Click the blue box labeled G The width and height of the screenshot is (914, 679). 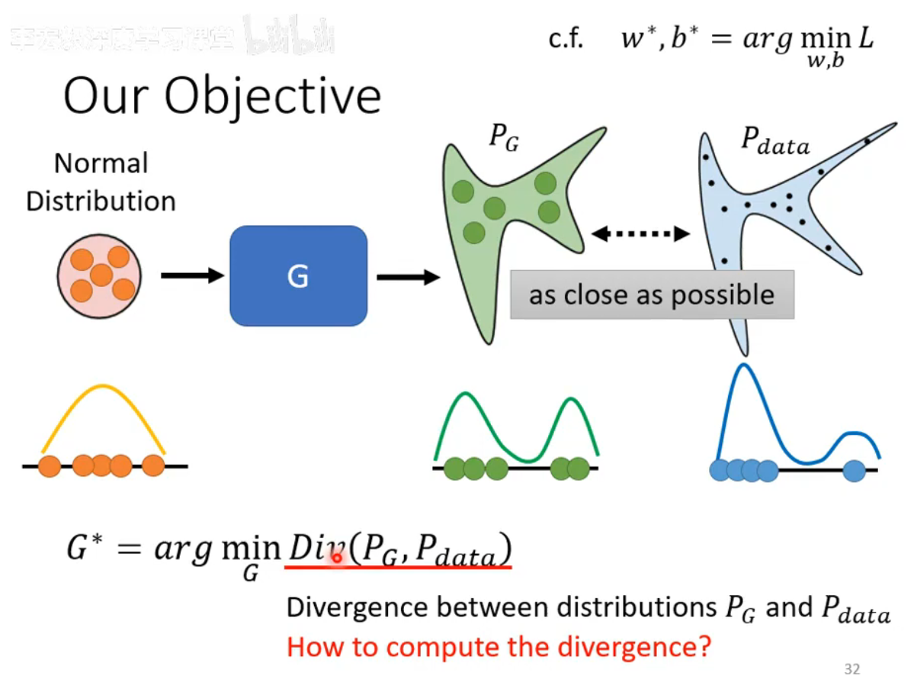coord(298,275)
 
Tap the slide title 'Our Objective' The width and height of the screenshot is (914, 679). coord(222,96)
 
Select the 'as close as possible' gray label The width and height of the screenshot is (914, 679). coord(652,294)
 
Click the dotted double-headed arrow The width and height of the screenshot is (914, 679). coord(640,234)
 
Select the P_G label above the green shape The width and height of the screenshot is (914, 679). coord(504,140)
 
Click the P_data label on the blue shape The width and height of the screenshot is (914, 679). coord(775,143)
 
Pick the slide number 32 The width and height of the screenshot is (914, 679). coord(852,669)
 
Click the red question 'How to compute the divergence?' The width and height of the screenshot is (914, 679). coord(499,647)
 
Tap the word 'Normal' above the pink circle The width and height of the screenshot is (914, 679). coord(101,163)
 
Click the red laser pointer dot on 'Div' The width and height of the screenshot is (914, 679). coord(335,558)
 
